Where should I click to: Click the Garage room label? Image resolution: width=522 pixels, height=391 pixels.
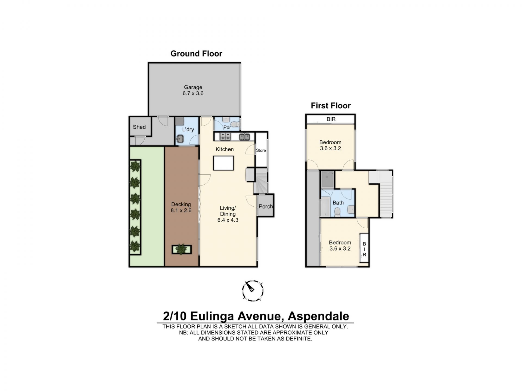coord(193,87)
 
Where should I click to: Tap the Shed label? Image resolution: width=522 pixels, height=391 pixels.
coord(139,127)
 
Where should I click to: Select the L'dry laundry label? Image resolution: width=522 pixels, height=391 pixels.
coord(188,130)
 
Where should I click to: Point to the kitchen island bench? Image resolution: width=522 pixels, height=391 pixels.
coord(223,163)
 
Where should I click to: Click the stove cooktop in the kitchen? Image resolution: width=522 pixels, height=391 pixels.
coord(225,136)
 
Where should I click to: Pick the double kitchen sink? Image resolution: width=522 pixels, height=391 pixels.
coord(244,137)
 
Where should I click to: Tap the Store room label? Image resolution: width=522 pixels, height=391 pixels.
coord(261,150)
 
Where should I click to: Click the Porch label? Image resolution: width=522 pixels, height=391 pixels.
coord(266,206)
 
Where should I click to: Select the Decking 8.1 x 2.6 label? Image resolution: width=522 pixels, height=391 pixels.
coord(181,207)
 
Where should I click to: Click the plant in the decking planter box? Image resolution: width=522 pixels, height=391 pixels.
coord(181,249)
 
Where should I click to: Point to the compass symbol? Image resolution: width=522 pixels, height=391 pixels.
coord(253,291)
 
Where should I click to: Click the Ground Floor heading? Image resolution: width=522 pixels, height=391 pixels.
coord(196,54)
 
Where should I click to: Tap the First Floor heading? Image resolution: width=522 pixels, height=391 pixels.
coord(331,106)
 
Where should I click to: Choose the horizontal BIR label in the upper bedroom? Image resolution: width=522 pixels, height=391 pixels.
coord(331,119)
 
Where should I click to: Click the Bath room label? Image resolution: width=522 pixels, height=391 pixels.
coord(338,203)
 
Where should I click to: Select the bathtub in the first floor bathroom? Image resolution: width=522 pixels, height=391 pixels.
coord(325,207)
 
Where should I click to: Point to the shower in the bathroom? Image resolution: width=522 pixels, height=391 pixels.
coord(327,179)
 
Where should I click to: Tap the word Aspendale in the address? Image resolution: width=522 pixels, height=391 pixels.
coord(318,316)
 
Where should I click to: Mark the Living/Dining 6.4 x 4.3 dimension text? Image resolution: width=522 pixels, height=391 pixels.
coord(228,220)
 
